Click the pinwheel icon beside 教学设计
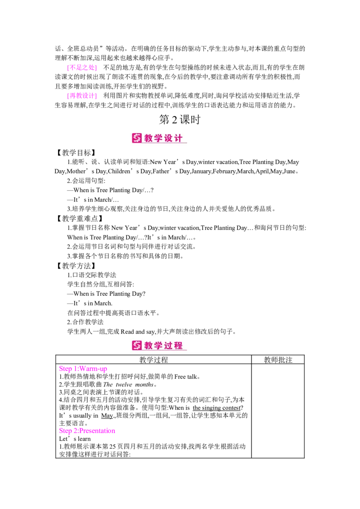click(137, 138)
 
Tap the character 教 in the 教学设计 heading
click(149, 138)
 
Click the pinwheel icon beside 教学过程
click(137, 345)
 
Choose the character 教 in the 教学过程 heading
click(149, 345)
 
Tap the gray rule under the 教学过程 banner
click(180, 355)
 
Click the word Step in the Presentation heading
click(65, 431)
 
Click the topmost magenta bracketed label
click(81, 68)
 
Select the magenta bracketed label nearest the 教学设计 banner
click(81, 95)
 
